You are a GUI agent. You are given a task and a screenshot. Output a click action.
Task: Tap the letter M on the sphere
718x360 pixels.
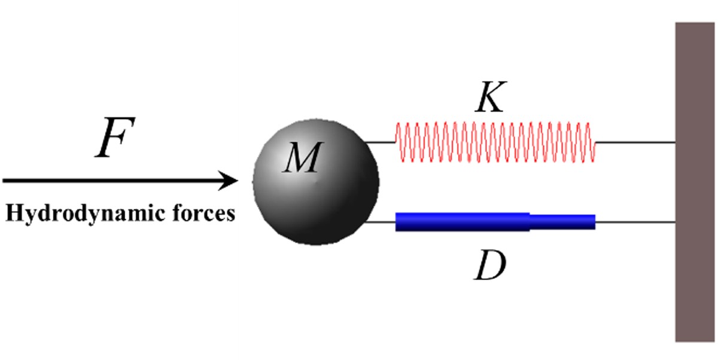coord(301,158)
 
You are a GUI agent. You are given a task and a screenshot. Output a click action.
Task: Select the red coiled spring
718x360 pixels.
coord(494,142)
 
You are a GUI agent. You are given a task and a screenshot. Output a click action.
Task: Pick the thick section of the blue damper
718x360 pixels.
coord(462,222)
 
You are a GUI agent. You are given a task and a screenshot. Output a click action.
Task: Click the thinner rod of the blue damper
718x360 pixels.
coord(562,222)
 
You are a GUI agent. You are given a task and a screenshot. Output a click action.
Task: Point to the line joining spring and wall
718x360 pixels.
coord(635,142)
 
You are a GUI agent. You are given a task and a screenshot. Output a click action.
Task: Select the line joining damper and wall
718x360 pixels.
coord(635,222)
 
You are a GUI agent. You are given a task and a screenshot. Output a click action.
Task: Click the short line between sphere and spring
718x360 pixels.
coord(381,142)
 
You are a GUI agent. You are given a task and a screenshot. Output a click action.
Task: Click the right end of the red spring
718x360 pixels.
coord(594,142)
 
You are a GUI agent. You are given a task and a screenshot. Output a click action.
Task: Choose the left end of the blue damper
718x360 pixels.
coord(397,222)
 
